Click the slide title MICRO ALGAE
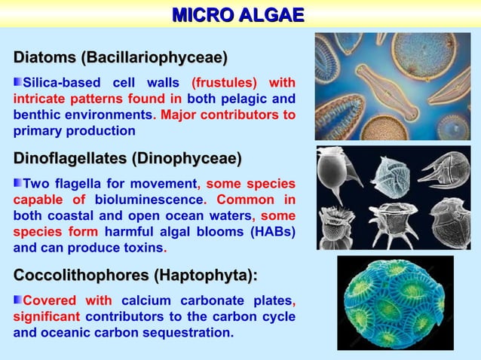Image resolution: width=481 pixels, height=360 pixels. coord(238,15)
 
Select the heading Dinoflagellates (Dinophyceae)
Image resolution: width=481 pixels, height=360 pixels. coord(127,159)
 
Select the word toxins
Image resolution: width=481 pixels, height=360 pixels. coord(143,247)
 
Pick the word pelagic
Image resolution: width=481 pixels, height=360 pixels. coord(248,99)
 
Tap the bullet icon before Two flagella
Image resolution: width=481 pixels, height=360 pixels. coord(18,184)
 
